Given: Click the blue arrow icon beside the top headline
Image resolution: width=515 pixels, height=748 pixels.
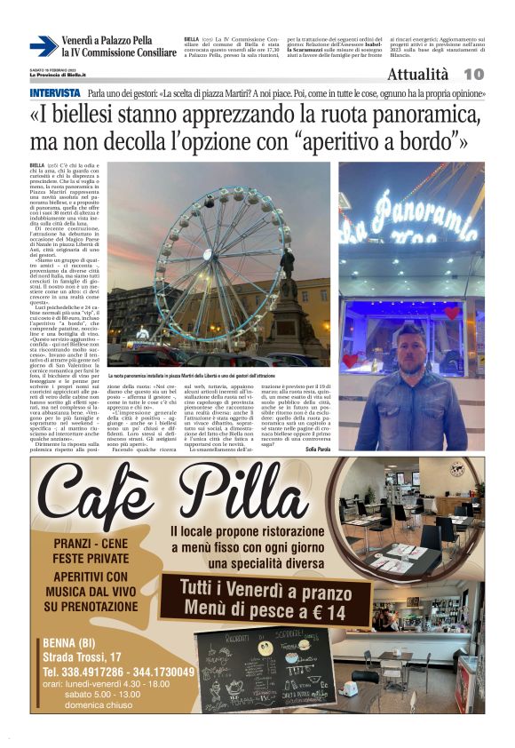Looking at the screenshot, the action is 43,46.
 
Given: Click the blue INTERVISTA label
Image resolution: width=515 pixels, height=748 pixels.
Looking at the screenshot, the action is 54,93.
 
